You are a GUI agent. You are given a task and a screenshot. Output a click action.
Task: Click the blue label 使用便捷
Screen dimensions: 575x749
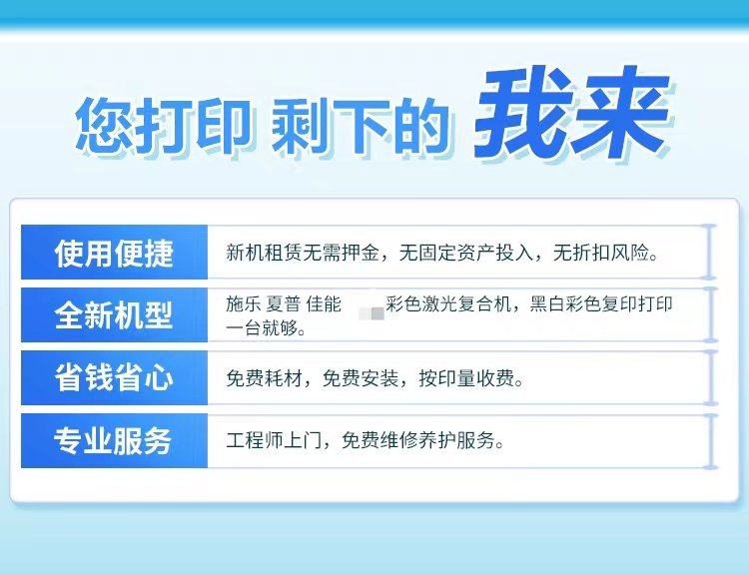113,253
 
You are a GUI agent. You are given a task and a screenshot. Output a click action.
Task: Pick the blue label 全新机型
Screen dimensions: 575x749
113,314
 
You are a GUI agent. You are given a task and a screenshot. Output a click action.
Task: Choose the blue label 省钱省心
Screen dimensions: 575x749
113,377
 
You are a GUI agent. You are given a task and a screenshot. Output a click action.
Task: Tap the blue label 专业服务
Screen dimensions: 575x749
113,440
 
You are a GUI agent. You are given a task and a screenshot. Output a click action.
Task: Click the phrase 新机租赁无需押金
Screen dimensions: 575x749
303,253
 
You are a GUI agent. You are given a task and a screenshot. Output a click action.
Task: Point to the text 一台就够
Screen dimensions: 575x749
267,327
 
